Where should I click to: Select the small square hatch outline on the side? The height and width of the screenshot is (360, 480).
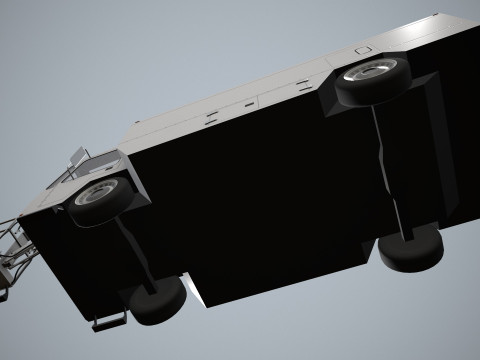pyautogui.click(x=362, y=49)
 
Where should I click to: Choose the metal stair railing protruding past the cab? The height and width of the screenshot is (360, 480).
pyautogui.click(x=15, y=250)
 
